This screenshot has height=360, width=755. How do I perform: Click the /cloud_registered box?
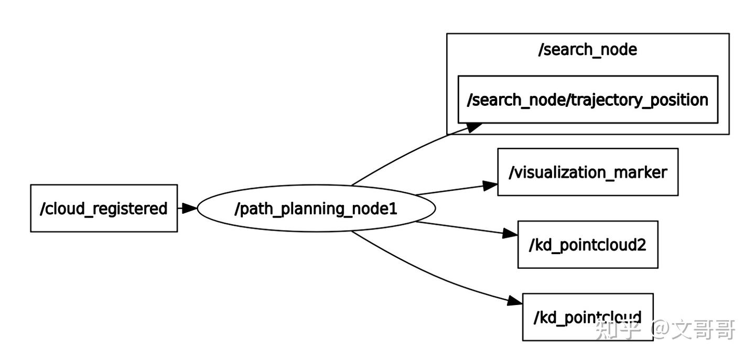[104, 208]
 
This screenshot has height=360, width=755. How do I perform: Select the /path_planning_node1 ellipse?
[316, 209]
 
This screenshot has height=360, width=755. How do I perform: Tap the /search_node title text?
[587, 50]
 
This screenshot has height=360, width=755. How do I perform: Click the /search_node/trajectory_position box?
[587, 100]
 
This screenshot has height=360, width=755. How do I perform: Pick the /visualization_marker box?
[587, 172]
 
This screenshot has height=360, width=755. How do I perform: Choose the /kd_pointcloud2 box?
[587, 245]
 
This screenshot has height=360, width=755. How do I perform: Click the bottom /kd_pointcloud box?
[587, 317]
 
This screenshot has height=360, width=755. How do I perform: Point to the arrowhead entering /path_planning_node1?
[190, 208]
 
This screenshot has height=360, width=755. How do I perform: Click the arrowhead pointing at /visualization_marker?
[490, 186]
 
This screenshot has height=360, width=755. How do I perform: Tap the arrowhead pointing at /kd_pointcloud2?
[510, 234]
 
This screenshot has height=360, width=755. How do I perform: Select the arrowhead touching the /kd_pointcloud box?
[515, 300]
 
